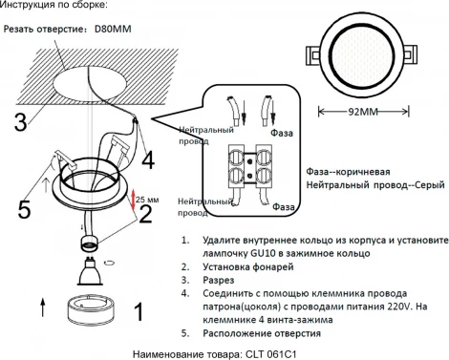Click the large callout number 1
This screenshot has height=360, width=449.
(x=139, y=311)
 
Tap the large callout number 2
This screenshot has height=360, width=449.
(x=146, y=213)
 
